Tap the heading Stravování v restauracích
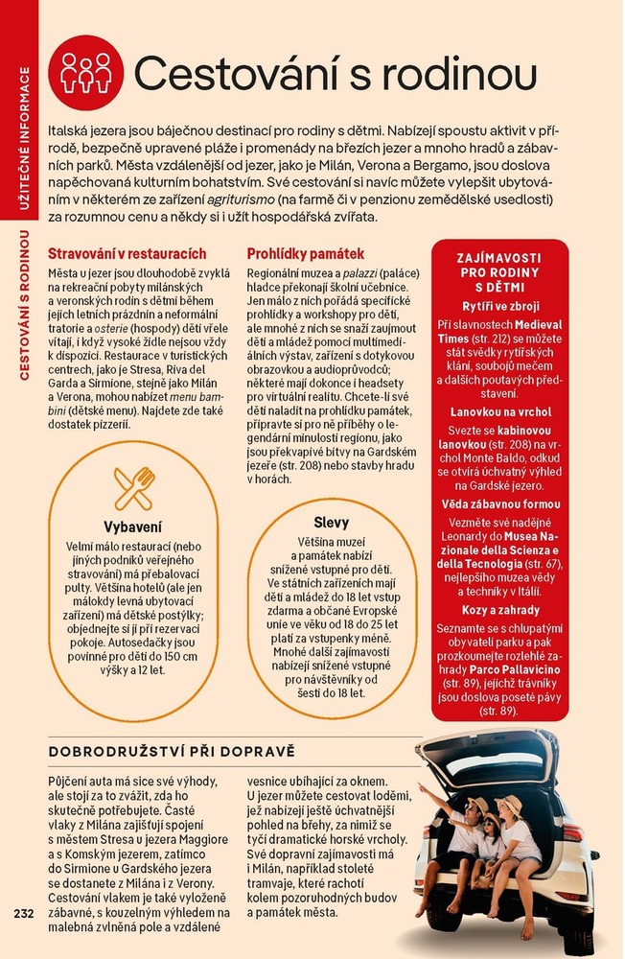pyautogui.click(x=127, y=254)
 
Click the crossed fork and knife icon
pyautogui.click(x=133, y=488)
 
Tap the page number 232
pyautogui.click(x=24, y=911)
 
